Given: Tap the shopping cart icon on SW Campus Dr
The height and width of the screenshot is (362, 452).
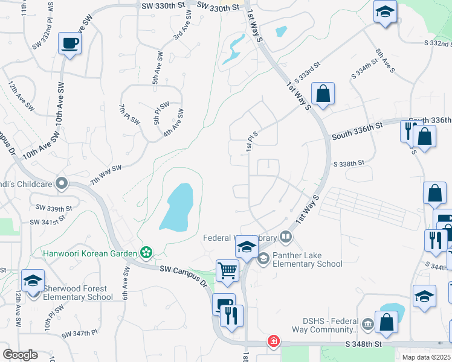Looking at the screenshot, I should click(x=227, y=271).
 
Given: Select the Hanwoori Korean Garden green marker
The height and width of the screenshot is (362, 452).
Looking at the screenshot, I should click(x=145, y=252).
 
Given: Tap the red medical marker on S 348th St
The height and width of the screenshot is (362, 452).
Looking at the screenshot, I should click(x=274, y=341).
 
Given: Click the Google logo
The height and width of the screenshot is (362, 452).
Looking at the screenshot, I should click(x=19, y=355).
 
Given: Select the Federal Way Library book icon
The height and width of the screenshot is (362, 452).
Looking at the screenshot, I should click(x=287, y=237).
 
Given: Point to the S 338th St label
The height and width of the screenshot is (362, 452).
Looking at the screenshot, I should click(x=349, y=163).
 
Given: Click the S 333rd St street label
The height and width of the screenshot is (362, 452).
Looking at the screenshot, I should click(x=307, y=72).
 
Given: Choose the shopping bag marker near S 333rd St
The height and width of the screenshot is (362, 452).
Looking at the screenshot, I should click(x=323, y=94).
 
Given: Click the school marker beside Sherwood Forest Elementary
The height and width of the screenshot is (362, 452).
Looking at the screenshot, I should click(x=33, y=281).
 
